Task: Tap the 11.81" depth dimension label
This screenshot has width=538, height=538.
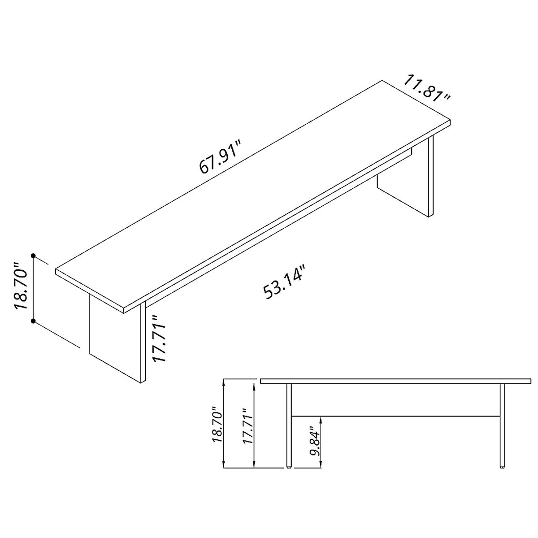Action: [427, 88]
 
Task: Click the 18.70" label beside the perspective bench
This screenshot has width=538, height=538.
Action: [22, 286]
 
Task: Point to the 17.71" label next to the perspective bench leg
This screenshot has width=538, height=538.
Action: [159, 338]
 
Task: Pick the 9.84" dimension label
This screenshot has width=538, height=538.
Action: [314, 443]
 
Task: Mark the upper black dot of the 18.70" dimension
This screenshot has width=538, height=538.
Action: [33, 256]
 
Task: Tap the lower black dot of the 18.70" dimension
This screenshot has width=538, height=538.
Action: [33, 321]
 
